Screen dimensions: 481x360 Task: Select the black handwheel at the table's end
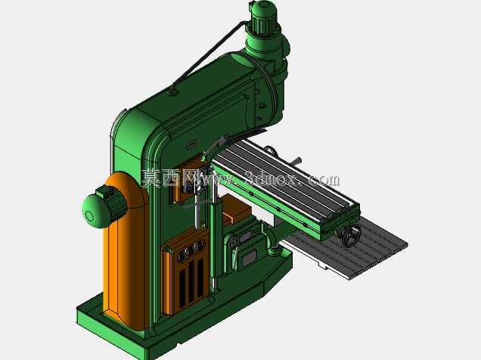pyautogui.click(x=351, y=235)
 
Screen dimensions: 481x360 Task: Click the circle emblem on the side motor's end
pyautogui.click(x=89, y=216)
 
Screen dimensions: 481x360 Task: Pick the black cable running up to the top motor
pyautogui.click(x=209, y=53)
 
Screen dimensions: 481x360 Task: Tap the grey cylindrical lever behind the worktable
pyautogui.click(x=297, y=160)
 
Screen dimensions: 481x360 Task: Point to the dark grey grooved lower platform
pyautogui.click(x=346, y=248)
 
